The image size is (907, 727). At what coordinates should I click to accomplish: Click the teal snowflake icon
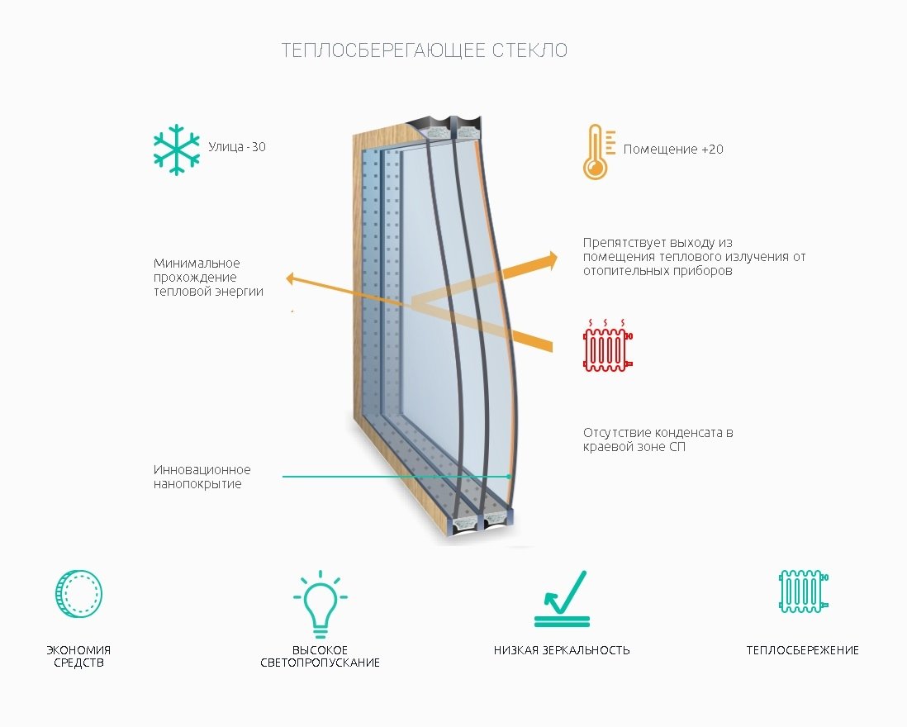(x=177, y=150)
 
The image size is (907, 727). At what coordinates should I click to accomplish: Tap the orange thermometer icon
(x=597, y=151)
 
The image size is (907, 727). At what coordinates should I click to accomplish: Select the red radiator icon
(x=607, y=345)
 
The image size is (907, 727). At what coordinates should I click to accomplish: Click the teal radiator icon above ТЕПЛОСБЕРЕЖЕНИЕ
(x=804, y=591)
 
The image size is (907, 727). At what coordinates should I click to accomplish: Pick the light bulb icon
(x=320, y=604)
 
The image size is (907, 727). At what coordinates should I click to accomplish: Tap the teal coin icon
(x=78, y=593)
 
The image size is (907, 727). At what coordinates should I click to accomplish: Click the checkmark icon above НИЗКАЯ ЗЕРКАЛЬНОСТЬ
(x=562, y=599)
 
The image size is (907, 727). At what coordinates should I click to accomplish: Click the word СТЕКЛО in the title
(x=529, y=50)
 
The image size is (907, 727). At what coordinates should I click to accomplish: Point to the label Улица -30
(x=236, y=147)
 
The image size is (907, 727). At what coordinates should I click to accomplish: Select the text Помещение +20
(x=673, y=150)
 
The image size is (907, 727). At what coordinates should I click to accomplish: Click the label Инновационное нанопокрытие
(x=202, y=478)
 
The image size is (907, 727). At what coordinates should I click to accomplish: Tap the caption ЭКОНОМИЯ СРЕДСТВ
(x=78, y=657)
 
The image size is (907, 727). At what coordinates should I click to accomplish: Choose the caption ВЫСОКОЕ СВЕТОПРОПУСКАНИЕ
(x=320, y=657)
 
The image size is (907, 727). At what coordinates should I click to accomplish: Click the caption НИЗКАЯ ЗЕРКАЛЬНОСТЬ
(x=562, y=650)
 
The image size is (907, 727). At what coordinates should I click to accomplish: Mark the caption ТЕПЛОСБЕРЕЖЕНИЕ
(x=803, y=650)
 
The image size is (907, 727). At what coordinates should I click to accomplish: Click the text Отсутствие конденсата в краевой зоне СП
(x=658, y=440)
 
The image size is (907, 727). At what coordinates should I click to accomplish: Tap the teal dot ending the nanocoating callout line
(x=509, y=477)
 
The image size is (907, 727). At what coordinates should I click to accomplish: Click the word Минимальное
(x=197, y=264)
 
